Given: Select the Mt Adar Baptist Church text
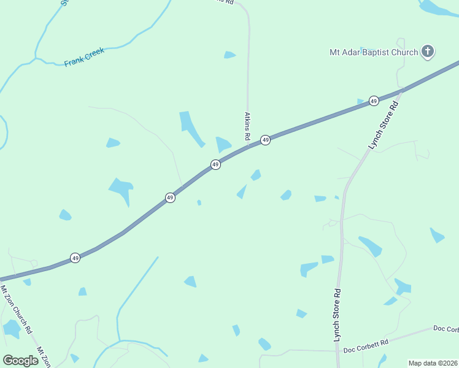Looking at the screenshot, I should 373,52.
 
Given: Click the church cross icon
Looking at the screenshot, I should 428,52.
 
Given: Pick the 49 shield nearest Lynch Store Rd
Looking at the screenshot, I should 373,101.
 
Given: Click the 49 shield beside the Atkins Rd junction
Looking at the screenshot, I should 265,140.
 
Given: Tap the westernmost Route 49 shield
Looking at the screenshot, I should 74,258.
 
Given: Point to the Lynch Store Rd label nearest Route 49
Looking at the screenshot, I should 384,125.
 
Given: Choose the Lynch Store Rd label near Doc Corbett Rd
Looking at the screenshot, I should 337,315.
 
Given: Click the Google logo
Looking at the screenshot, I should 20,360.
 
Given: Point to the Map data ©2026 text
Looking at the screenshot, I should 432,362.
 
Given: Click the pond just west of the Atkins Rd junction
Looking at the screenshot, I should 223,145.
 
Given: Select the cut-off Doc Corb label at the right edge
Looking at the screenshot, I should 446,329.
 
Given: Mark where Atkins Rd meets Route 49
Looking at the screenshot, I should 248,146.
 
